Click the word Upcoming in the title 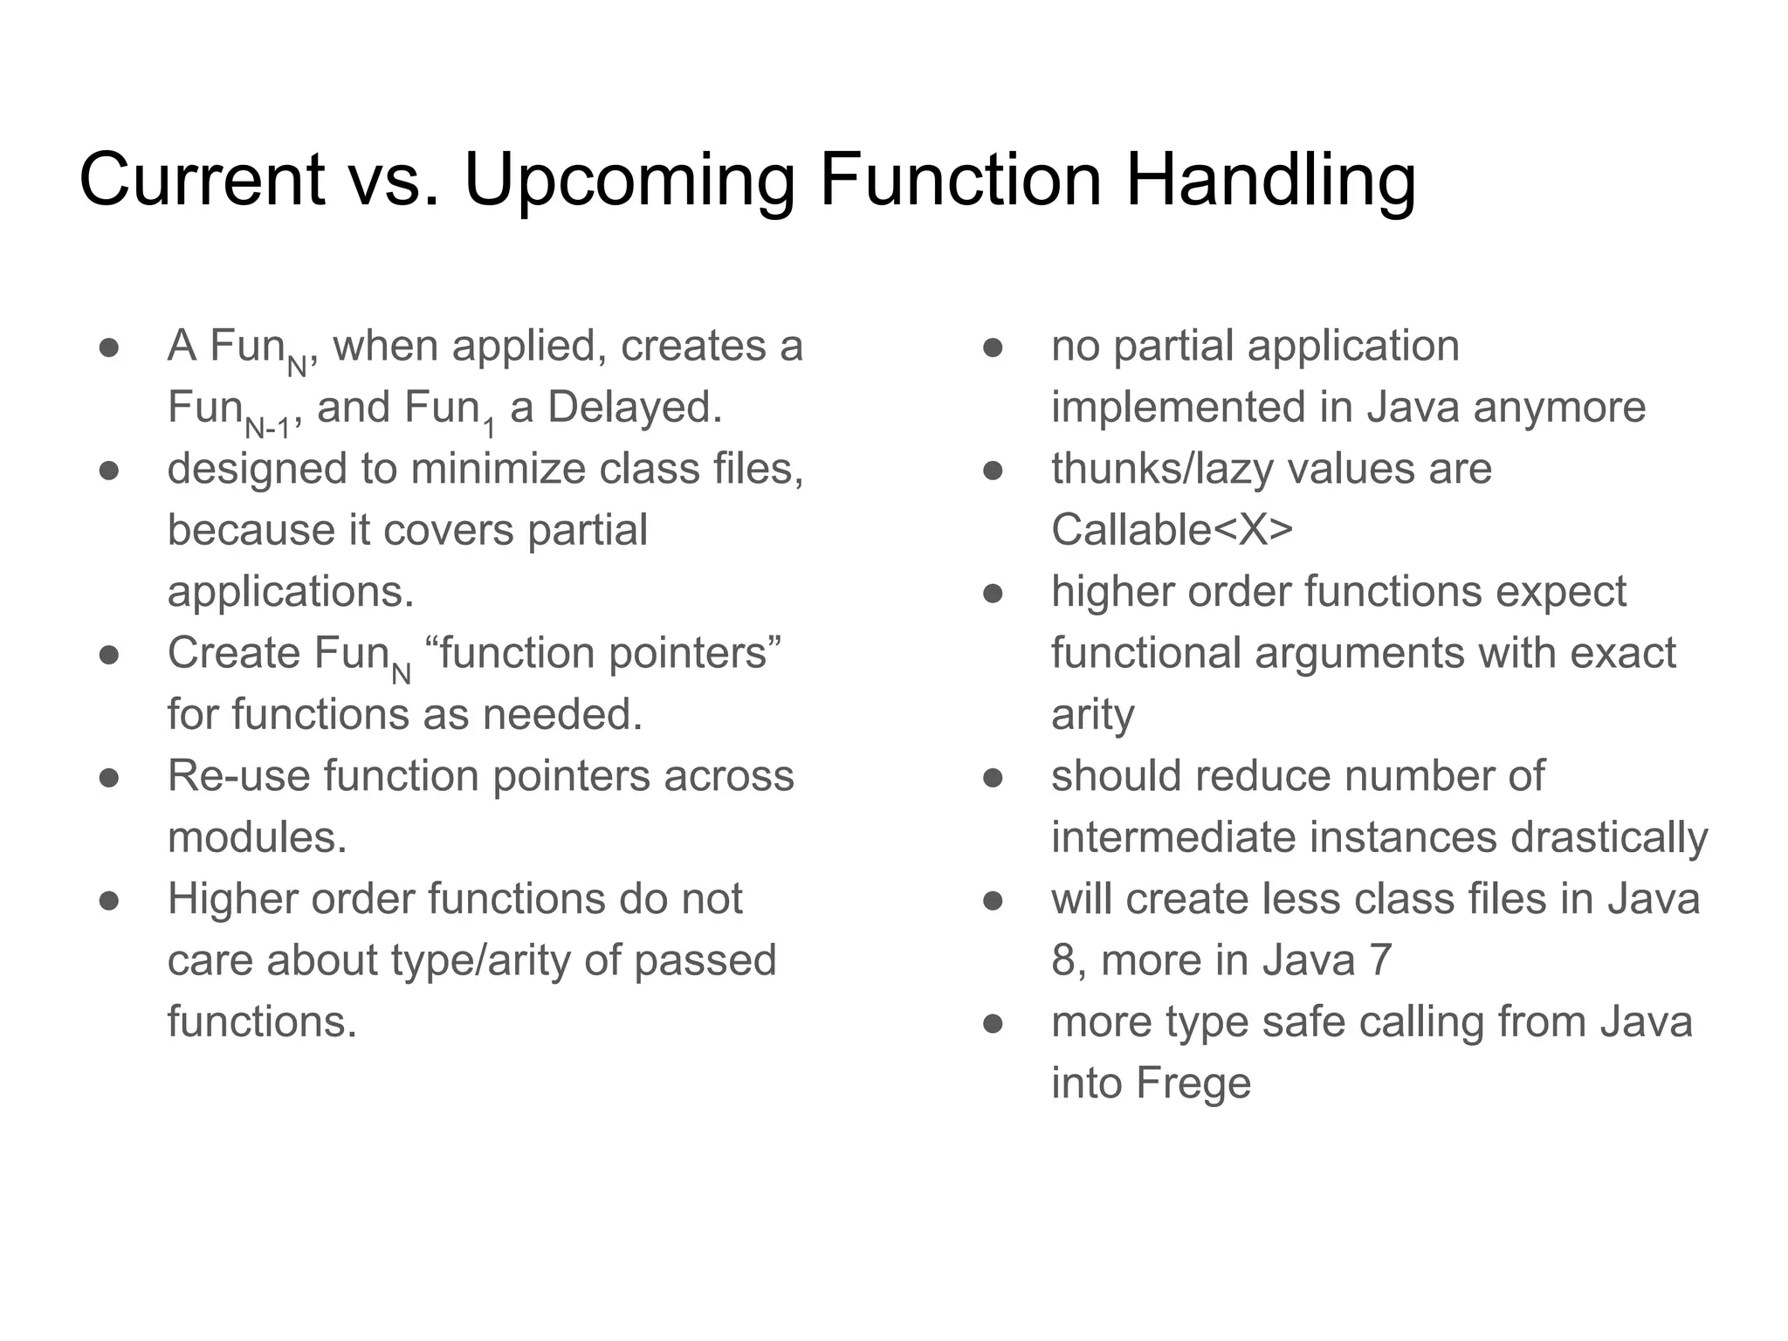pyautogui.click(x=629, y=182)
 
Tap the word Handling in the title pyautogui.click(x=1269, y=182)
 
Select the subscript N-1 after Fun pyautogui.click(x=266, y=429)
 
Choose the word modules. pyautogui.click(x=257, y=837)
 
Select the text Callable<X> pyautogui.click(x=1172, y=530)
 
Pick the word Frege pyautogui.click(x=1193, y=1083)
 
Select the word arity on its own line pyautogui.click(x=1092, y=715)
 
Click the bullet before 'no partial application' pyautogui.click(x=993, y=347)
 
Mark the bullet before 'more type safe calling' pyautogui.click(x=993, y=1023)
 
